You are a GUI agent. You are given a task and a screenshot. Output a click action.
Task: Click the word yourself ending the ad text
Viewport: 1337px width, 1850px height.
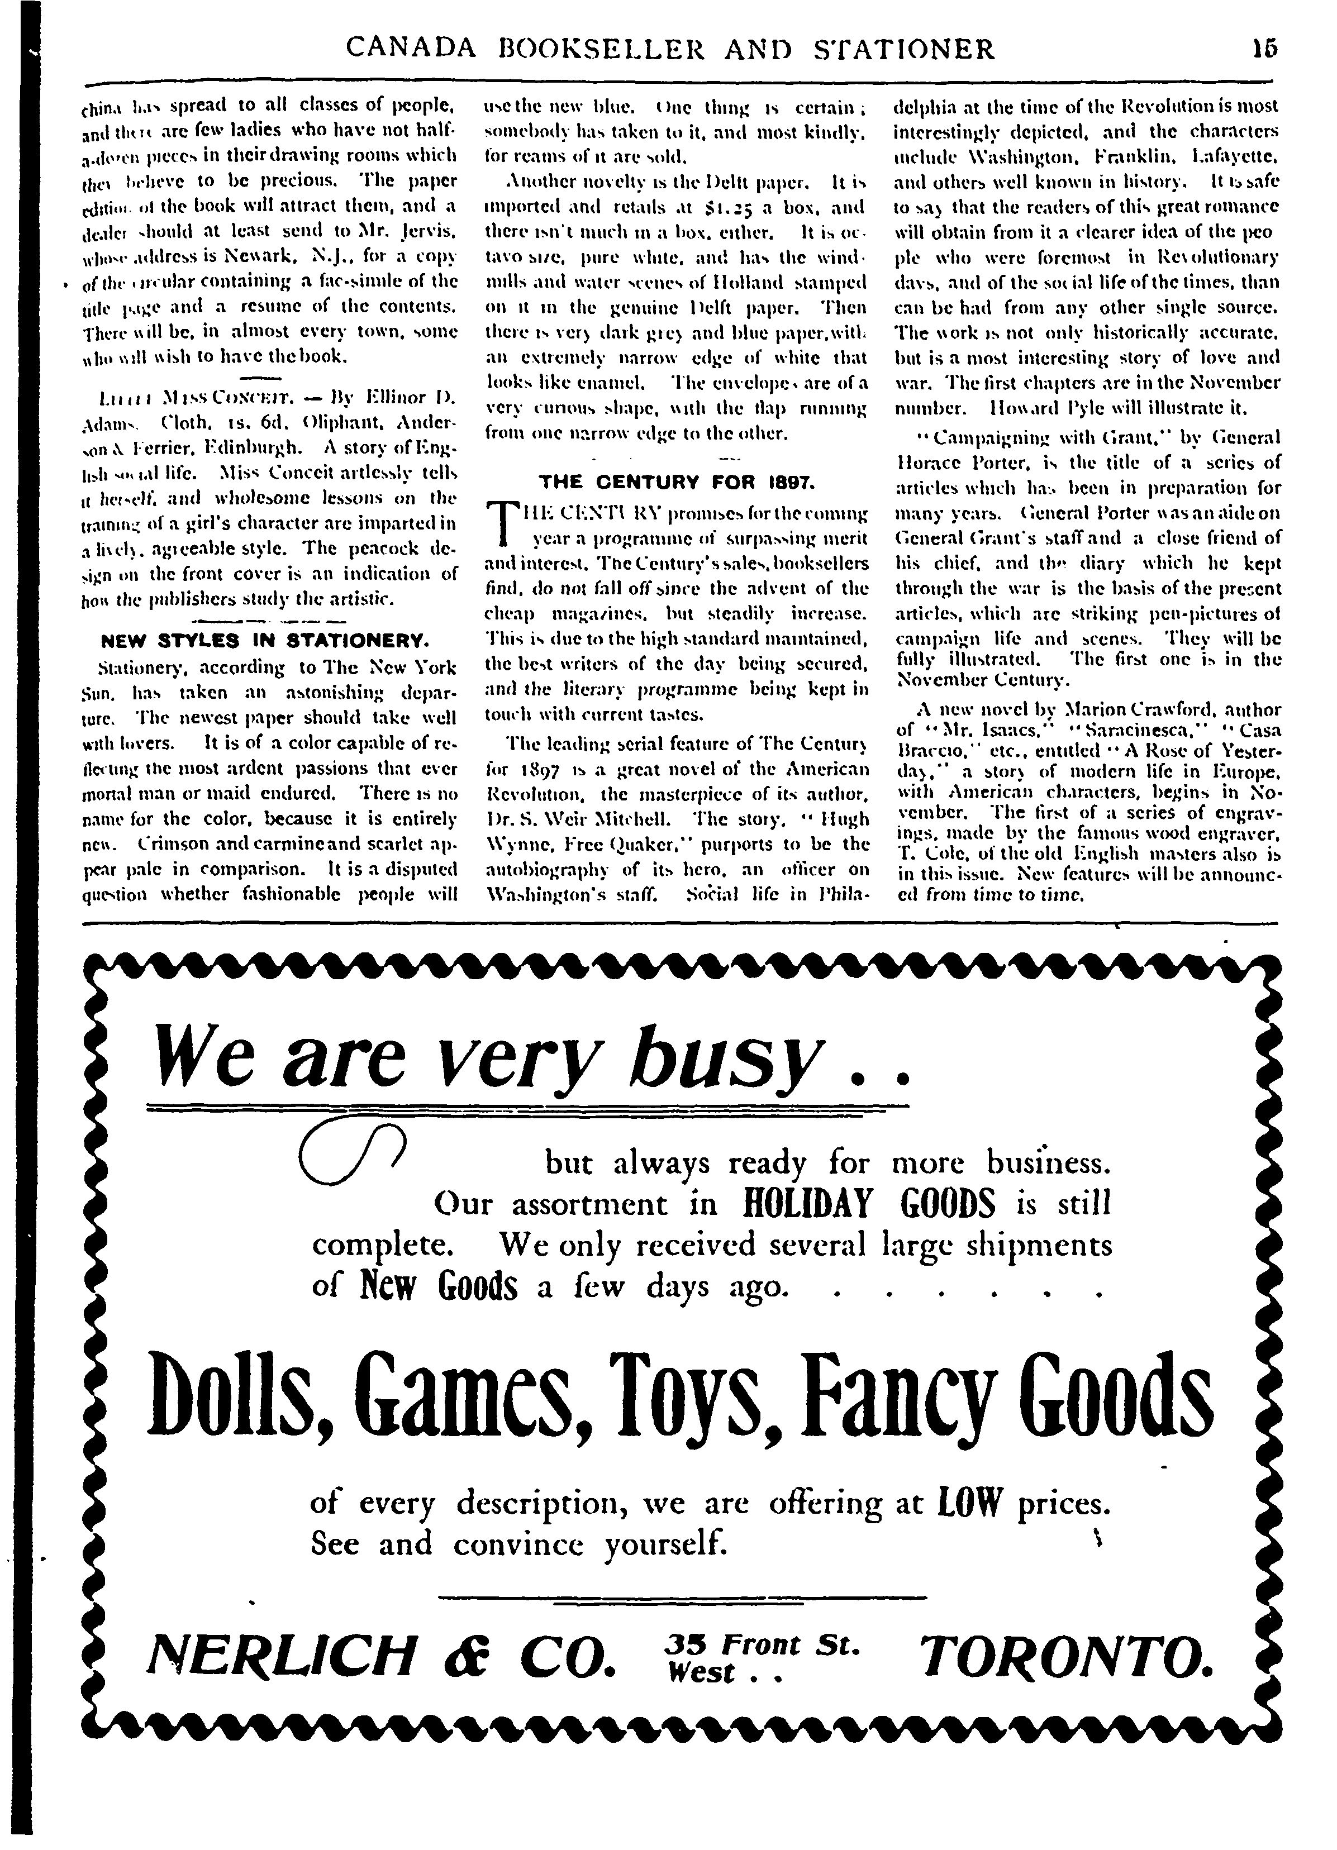[664, 1544]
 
